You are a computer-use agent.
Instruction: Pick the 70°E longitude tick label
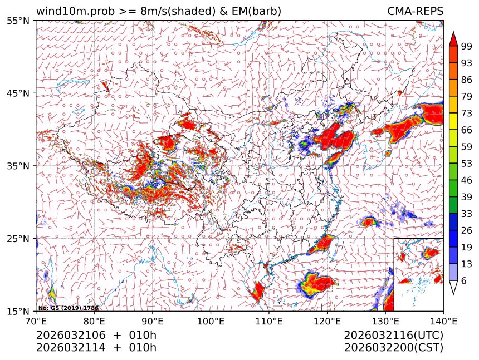point(36,321)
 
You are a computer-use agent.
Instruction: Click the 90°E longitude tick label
point(153,321)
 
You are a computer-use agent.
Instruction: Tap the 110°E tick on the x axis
point(269,321)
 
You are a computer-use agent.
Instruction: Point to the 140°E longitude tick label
point(443,321)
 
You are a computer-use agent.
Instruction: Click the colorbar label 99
point(467,46)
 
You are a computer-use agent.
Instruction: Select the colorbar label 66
point(467,130)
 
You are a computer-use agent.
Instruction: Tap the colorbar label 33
point(467,213)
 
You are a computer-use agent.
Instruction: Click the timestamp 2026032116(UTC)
point(393,336)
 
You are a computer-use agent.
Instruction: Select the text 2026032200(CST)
point(393,348)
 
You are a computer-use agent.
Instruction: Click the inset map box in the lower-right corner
point(418,274)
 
